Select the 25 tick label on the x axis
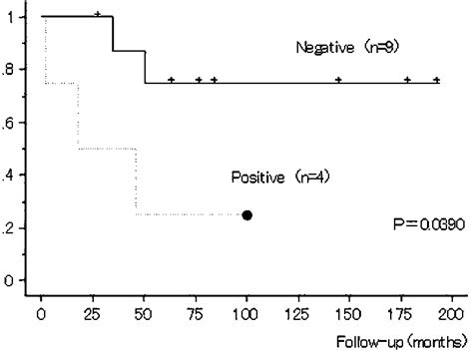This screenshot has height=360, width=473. point(82,299)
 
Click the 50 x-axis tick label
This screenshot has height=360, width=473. point(123,299)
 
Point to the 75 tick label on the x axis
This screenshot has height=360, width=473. point(165,299)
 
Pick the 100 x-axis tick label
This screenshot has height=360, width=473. point(207,299)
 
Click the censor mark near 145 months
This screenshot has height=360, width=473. point(338,79)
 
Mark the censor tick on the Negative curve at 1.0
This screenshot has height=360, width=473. point(97,14)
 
